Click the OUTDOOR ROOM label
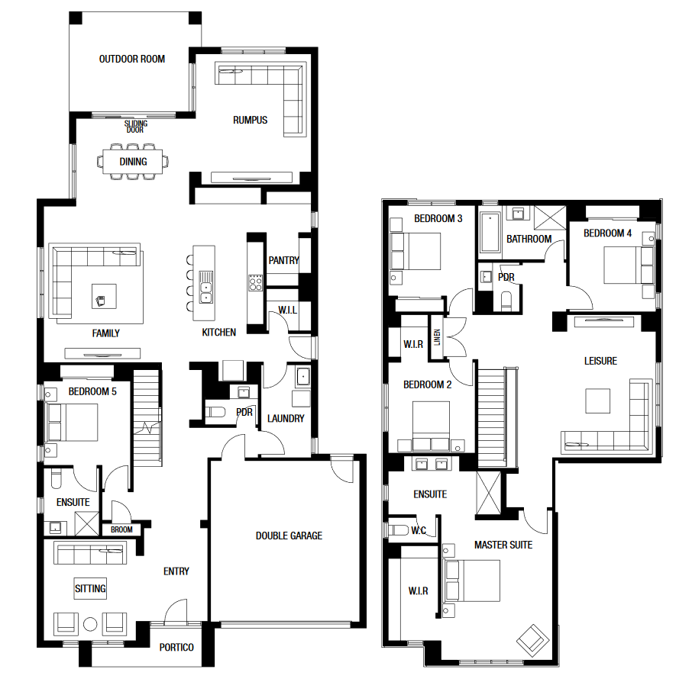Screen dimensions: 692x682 [x=132, y=59]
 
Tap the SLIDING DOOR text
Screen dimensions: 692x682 [x=135, y=127]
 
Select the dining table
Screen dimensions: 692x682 [x=133, y=162]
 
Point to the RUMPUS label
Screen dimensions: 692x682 [x=251, y=120]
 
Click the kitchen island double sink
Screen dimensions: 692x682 [x=205, y=287]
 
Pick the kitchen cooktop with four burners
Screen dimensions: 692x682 [x=256, y=282]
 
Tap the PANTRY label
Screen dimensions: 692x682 [x=284, y=261]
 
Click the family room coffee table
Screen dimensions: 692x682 [x=104, y=296]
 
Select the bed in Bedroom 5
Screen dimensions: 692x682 [x=72, y=423]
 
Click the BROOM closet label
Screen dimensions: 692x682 [x=121, y=529]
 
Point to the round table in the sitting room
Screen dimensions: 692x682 [x=90, y=624]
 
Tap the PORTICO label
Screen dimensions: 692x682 [x=176, y=647]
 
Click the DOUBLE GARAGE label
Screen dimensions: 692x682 [x=289, y=536]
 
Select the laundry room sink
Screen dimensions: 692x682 [x=303, y=377]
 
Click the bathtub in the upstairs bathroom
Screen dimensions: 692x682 [x=490, y=233]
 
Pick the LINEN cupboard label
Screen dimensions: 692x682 [x=437, y=338]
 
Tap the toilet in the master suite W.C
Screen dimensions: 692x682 [x=399, y=529]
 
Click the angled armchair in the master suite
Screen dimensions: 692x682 [x=533, y=640]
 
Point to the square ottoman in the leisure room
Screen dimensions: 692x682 [x=597, y=401]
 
